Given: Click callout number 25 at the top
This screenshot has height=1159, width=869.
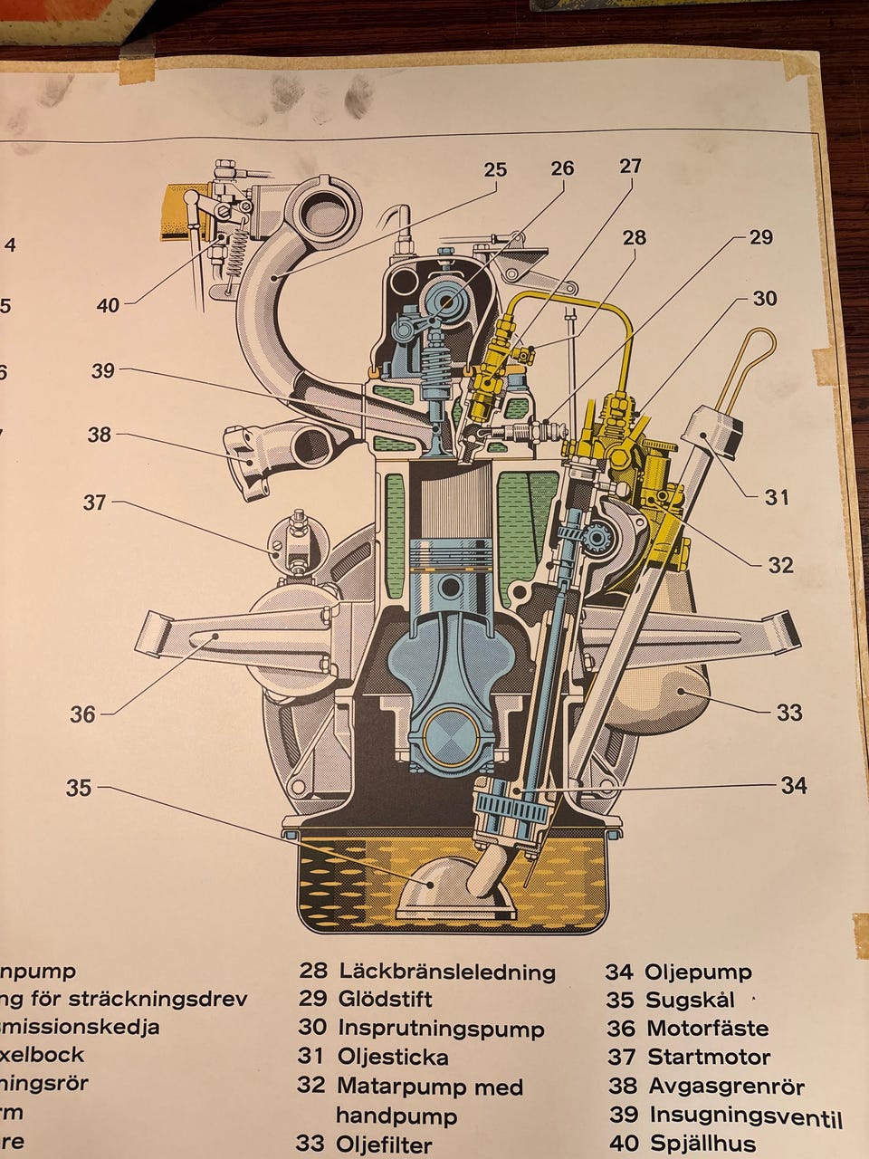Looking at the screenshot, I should (x=495, y=169).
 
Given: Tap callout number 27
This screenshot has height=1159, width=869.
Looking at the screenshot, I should (x=630, y=166).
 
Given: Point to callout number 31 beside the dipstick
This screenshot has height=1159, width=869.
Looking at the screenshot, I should (x=777, y=496).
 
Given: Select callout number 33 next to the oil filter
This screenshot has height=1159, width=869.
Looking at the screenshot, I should (x=789, y=713).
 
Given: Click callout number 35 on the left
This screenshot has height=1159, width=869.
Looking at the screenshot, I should (x=79, y=788).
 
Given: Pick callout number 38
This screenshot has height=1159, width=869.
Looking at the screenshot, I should (x=99, y=435).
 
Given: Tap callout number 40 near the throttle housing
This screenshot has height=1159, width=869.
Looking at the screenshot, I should (x=108, y=306).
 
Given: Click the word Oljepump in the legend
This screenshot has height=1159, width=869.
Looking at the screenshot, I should (x=698, y=972).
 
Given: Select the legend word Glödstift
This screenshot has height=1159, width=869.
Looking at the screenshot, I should (x=386, y=1000).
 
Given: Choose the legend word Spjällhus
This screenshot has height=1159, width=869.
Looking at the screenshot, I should (x=702, y=1144).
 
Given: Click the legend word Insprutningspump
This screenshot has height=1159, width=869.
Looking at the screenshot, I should (x=441, y=1029).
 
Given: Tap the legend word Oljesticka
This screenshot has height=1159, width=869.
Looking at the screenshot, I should (x=393, y=1057).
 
